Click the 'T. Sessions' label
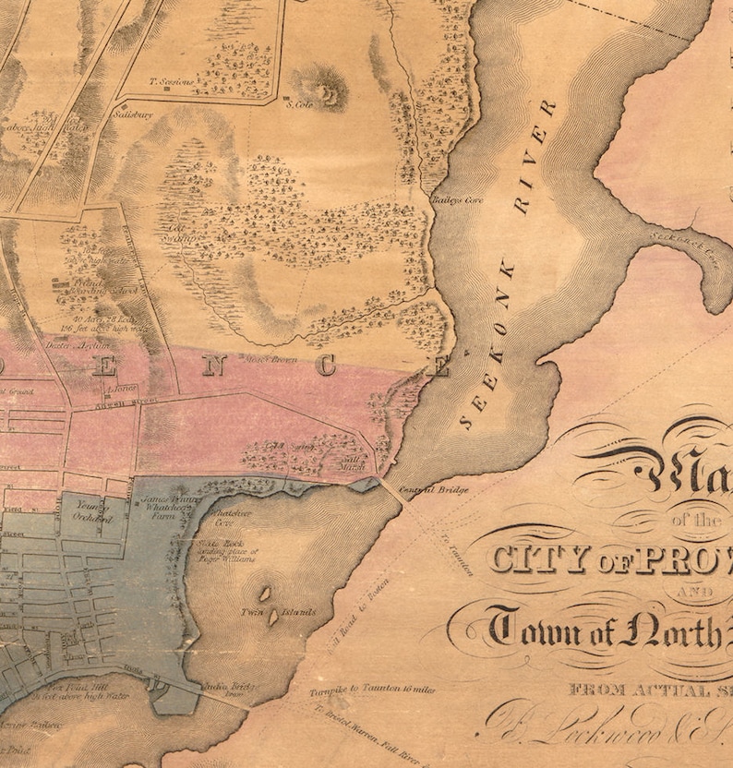[x=172, y=81]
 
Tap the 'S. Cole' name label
[x=296, y=104]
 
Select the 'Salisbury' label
[x=132, y=115]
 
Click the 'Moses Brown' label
[x=270, y=358]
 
